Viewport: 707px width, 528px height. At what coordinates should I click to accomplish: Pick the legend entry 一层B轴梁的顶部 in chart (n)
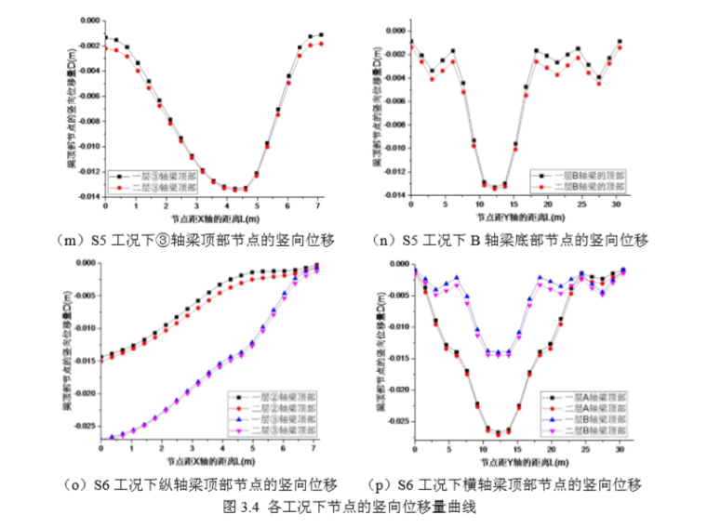[581, 175]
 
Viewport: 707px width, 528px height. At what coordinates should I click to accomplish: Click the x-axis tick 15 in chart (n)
[514, 205]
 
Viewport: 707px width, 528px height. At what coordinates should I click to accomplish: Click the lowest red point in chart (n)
[493, 189]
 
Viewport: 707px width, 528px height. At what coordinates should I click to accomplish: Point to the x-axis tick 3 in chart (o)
[190, 449]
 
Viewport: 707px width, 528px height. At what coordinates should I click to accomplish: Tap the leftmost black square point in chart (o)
[101, 357]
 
